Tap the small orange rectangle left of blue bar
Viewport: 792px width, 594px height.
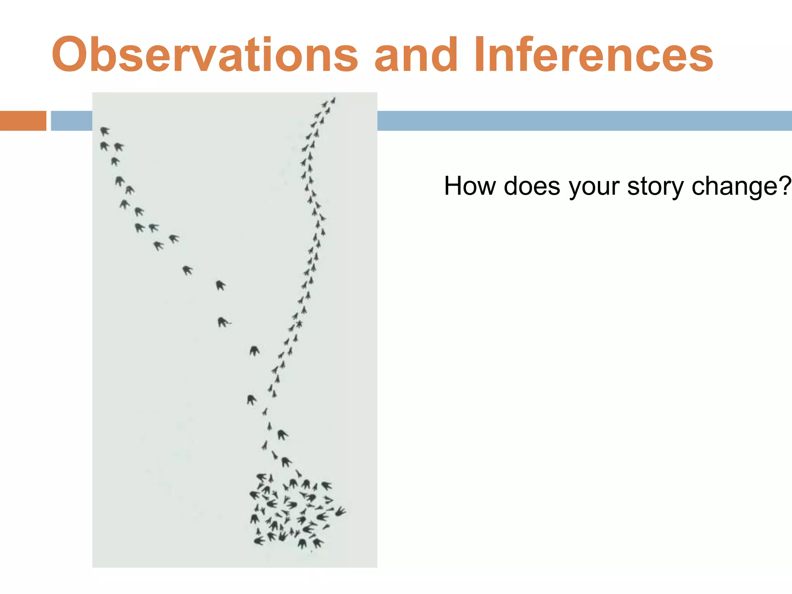(x=23, y=121)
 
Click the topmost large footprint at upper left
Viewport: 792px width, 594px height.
(x=104, y=131)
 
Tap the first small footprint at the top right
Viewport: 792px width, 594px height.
(x=333, y=101)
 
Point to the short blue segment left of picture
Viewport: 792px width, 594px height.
(x=72, y=121)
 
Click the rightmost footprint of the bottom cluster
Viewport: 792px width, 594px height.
(x=340, y=512)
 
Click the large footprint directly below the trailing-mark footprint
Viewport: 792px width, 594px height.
(x=254, y=351)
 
